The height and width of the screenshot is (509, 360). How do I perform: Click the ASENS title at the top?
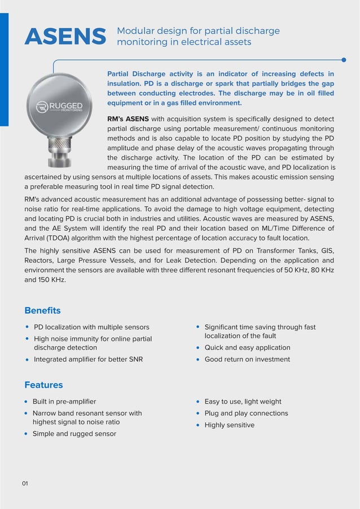pyautogui.click(x=65, y=37)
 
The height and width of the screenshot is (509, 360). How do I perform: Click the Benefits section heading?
pyautogui.click(x=42, y=310)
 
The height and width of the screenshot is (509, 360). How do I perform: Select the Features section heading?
pyautogui.click(x=43, y=385)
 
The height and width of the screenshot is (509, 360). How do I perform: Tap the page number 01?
pyautogui.click(x=25, y=484)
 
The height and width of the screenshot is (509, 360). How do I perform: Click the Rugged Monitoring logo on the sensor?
pyautogui.click(x=59, y=107)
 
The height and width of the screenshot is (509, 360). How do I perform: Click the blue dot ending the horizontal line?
pyautogui.click(x=344, y=59)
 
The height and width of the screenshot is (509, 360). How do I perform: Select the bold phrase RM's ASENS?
pyautogui.click(x=128, y=119)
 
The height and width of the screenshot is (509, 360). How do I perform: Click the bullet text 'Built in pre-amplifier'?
pyautogui.click(x=64, y=402)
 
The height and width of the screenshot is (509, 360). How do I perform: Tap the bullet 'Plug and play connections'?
pyautogui.click(x=246, y=413)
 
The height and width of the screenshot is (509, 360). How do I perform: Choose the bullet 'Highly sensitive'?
pyautogui.click(x=229, y=425)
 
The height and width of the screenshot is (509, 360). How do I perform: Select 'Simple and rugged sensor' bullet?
pyautogui.click(x=74, y=434)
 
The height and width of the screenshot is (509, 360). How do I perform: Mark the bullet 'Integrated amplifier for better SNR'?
pyautogui.click(x=88, y=359)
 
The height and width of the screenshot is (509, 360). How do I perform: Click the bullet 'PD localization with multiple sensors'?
pyautogui.click(x=91, y=327)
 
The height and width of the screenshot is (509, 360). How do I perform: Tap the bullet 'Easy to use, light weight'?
pyautogui.click(x=243, y=402)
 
